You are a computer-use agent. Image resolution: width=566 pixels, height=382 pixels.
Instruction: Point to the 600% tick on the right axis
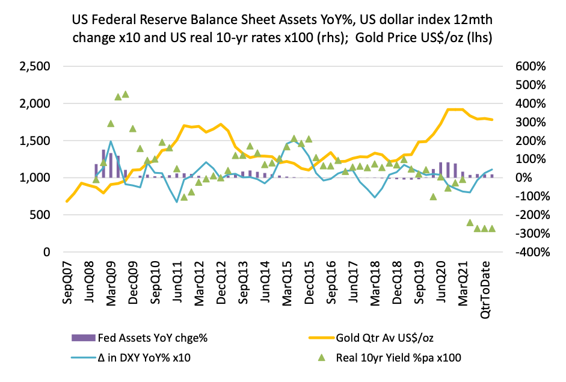(529, 66)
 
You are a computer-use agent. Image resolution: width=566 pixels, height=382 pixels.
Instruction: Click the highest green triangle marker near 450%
(125, 94)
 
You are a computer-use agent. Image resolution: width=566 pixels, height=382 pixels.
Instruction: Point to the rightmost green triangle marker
(491, 229)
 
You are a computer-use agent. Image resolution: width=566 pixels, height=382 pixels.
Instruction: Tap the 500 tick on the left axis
(40, 215)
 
